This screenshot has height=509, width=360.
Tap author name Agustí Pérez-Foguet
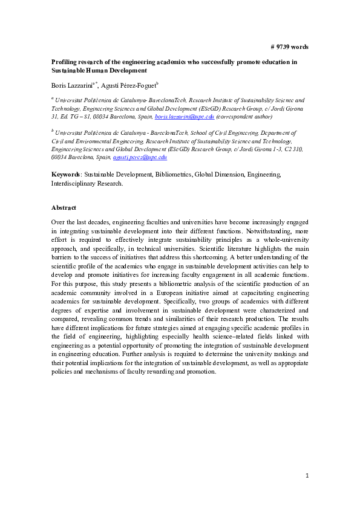pos(132,85)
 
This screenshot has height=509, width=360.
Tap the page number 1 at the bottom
pos(307,476)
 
